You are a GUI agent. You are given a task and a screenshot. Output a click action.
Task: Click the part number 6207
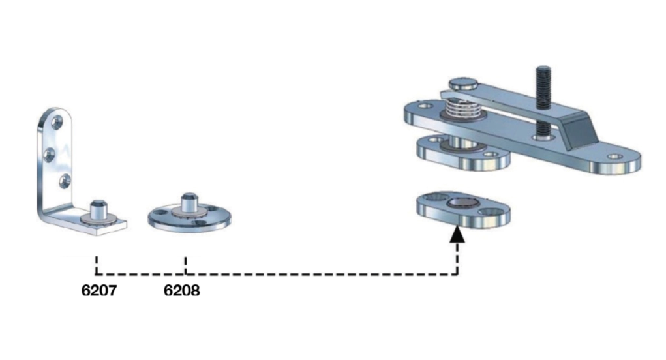98,291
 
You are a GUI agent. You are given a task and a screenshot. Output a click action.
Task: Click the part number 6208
181,291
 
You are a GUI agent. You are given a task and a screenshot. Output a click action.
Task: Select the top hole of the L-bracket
57,121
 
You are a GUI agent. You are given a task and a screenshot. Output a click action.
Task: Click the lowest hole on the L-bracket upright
63,181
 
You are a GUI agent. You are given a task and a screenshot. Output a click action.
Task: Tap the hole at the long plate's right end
614,157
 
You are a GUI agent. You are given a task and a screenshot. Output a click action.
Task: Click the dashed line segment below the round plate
186,264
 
